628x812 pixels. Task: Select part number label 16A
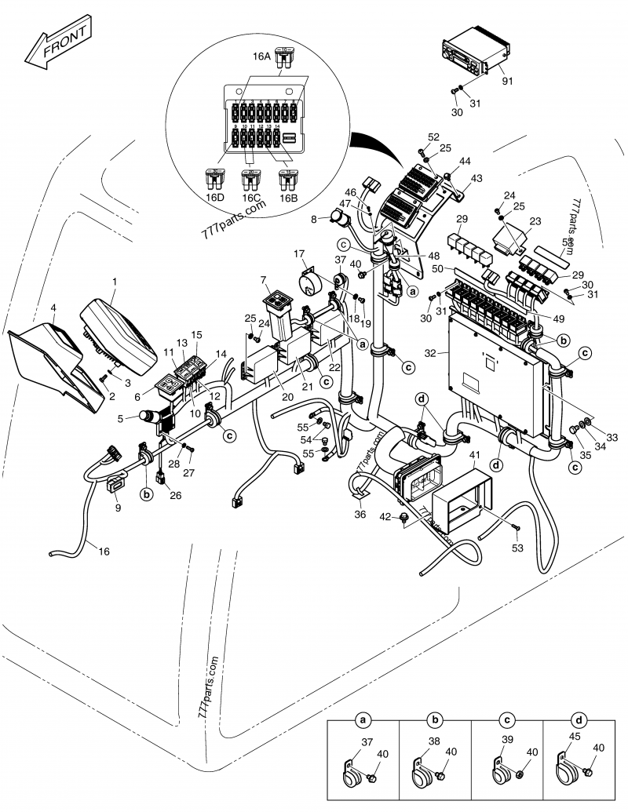click(261, 56)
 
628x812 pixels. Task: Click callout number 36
click(360, 515)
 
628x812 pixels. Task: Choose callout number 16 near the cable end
click(104, 551)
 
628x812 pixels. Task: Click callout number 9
click(118, 508)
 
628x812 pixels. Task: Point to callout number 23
click(535, 222)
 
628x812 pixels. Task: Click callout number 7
click(265, 281)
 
